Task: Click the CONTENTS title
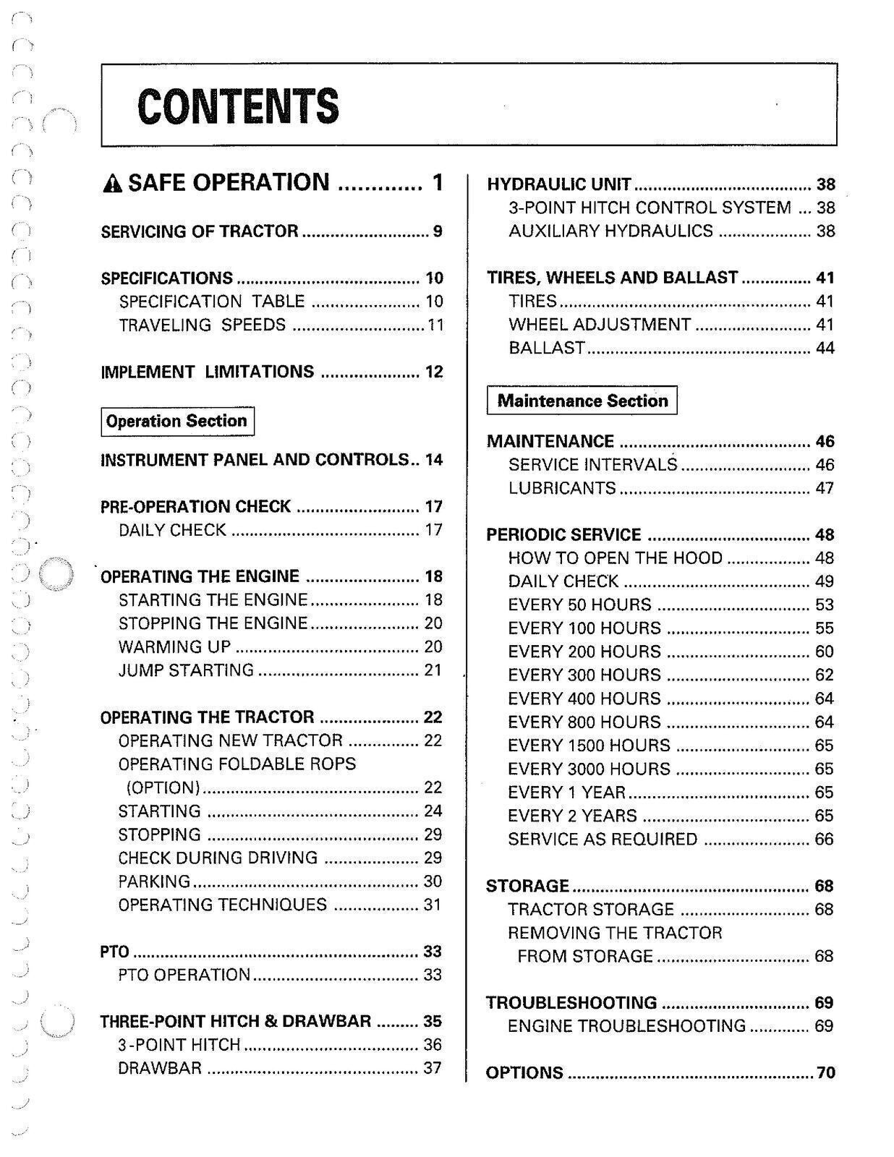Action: tap(237, 106)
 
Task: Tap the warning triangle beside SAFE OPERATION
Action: tap(113, 184)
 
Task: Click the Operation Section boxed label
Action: tap(177, 421)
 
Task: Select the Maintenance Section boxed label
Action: tap(582, 401)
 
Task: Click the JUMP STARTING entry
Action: tap(186, 670)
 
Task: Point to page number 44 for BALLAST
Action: tap(825, 348)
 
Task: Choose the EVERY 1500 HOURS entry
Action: tap(589, 746)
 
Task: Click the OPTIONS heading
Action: tap(524, 1072)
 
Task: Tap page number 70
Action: tap(825, 1072)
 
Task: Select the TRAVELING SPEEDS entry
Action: tap(203, 325)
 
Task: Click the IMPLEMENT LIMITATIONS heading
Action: tap(207, 372)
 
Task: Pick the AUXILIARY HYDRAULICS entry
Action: tap(610, 231)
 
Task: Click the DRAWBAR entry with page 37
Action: tap(160, 1068)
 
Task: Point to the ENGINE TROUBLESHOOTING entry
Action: tap(626, 1026)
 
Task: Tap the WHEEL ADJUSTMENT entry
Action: tap(600, 325)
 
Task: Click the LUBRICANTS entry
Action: tap(562, 488)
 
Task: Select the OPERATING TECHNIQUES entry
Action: tap(222, 905)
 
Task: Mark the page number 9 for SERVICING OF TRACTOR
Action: tap(437, 231)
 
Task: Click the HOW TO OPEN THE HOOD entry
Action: tap(615, 558)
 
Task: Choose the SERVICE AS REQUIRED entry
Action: tap(603, 840)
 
